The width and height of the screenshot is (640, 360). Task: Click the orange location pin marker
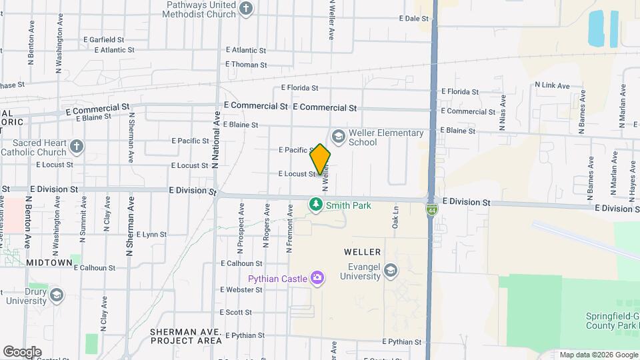click(x=320, y=159)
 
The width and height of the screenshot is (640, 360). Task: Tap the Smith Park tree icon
click(x=315, y=205)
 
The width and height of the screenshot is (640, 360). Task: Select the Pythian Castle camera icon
click(x=317, y=278)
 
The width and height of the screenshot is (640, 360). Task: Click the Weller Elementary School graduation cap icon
click(x=339, y=137)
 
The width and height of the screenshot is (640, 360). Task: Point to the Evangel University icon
click(x=390, y=270)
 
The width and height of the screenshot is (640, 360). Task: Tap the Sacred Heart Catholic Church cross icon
click(x=77, y=146)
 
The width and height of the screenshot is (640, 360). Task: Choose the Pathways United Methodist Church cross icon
click(x=247, y=9)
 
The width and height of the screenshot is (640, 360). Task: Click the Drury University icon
click(x=57, y=295)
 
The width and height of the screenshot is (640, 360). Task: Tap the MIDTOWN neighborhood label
click(x=49, y=263)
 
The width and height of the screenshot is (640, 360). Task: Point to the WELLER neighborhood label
click(x=362, y=252)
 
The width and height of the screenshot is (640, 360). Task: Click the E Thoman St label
click(x=246, y=65)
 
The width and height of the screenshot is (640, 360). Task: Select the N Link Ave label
click(x=552, y=85)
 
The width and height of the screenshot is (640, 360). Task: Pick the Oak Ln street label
click(x=395, y=217)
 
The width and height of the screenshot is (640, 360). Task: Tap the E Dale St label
click(x=413, y=19)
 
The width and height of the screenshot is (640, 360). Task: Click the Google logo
click(x=22, y=351)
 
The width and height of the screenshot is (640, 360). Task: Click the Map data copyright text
click(x=599, y=355)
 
